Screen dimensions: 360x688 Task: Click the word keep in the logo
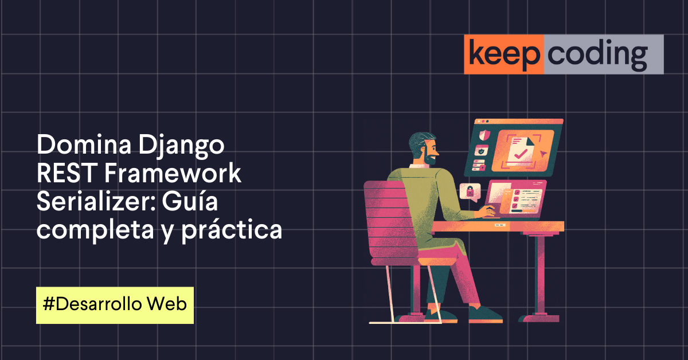click(x=503, y=54)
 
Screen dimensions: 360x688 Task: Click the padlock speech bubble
click(x=470, y=191)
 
